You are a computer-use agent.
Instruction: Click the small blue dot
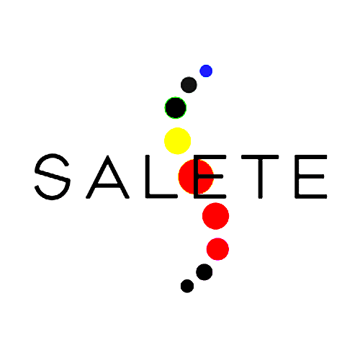coord(206,71)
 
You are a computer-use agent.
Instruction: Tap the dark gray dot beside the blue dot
coord(189,85)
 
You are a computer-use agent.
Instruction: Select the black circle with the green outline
coord(176,107)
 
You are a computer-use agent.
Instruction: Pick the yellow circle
coord(177,140)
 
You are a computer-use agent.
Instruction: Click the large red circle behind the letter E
coord(196,176)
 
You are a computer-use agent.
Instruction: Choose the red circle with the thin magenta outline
coord(217,249)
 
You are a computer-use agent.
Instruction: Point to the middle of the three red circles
coord(215,216)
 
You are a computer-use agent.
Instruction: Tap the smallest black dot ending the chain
coord(187,286)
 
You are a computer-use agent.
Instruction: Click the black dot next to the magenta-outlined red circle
coord(204,272)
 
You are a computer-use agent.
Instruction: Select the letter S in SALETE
coord(53,176)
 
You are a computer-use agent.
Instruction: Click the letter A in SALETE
coord(108,177)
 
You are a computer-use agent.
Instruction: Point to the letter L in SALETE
coord(161,176)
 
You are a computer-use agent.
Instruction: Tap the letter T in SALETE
coord(260,177)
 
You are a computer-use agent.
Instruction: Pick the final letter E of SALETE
coord(311,176)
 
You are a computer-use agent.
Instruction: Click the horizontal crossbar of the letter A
coord(108,186)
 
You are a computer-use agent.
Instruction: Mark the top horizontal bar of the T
coord(260,157)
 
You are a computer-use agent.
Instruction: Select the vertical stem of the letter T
coord(260,177)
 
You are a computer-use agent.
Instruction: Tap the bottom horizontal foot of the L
coord(161,196)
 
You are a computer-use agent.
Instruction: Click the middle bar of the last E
coord(310,176)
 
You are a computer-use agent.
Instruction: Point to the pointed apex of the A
coord(108,156)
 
